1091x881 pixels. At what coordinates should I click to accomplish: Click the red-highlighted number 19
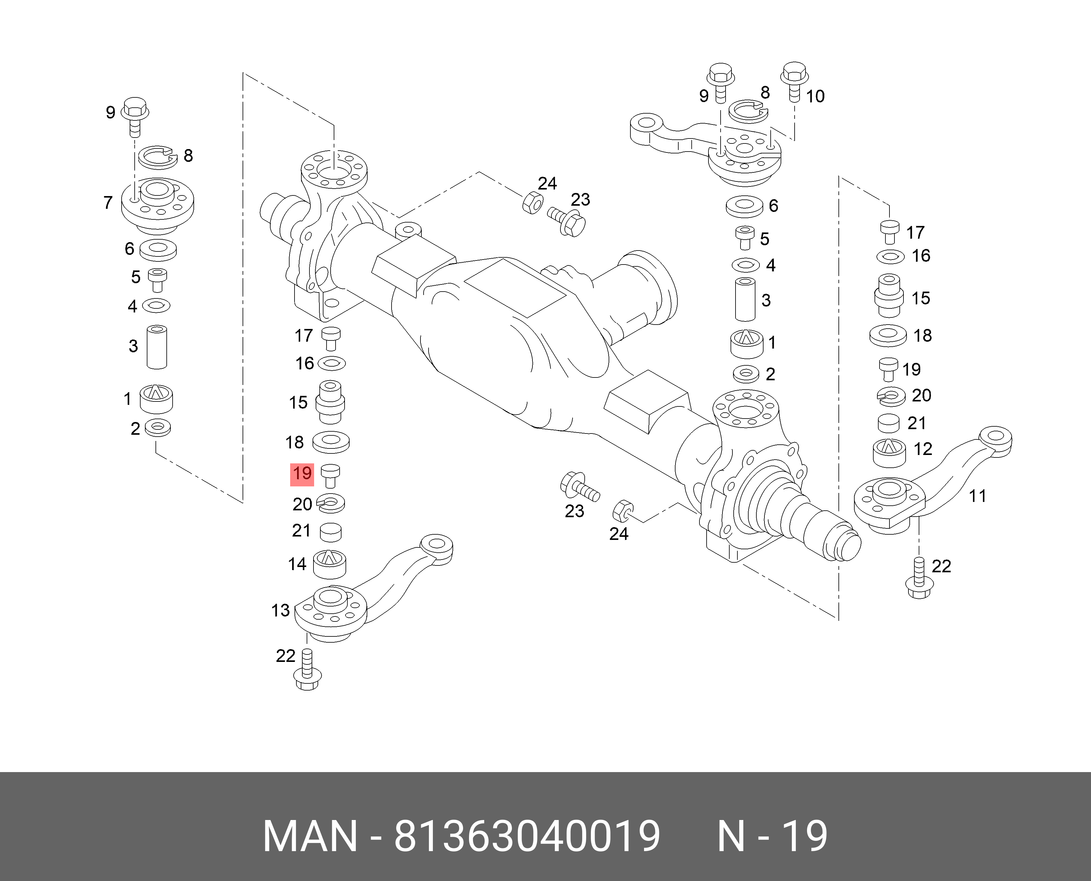coord(302,474)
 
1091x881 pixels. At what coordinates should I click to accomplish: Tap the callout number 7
coord(108,203)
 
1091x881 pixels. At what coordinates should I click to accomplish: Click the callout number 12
coord(923,449)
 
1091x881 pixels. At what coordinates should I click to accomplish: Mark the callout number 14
coord(297,564)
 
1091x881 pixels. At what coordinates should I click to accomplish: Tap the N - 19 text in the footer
coord(772,836)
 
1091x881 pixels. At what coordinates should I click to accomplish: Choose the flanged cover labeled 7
coord(157,205)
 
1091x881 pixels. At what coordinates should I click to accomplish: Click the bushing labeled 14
coord(330,564)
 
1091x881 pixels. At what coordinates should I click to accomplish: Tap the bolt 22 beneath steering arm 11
coord(919,579)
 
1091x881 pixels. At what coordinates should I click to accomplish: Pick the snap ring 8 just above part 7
coord(158,157)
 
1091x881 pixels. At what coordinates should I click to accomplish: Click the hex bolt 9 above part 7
coord(134,116)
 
